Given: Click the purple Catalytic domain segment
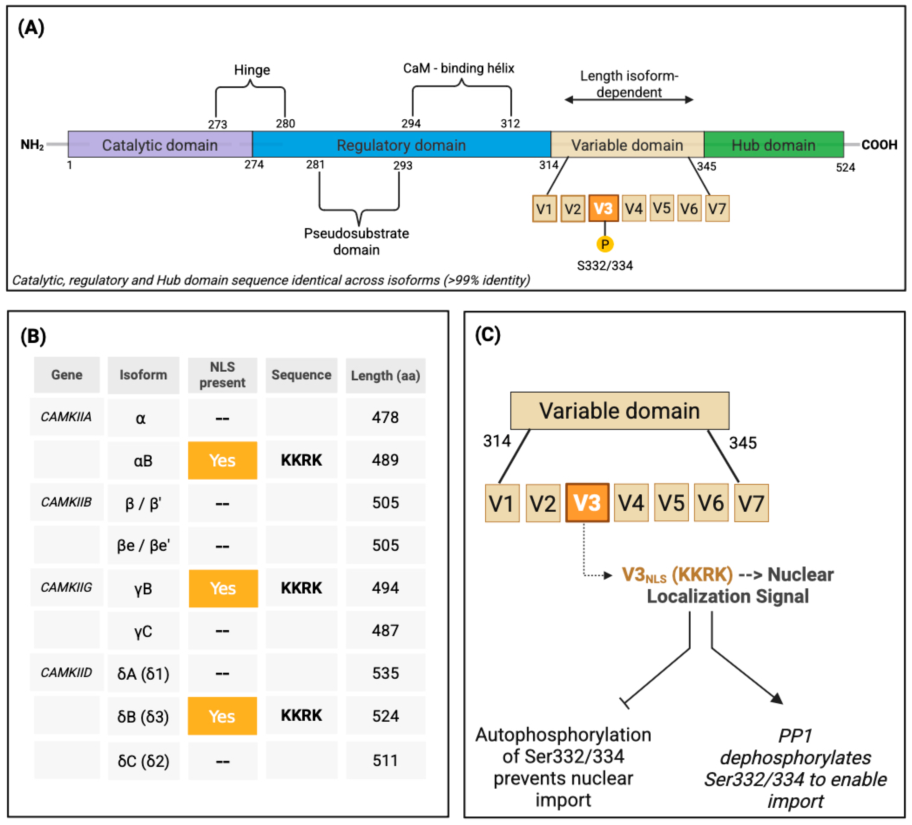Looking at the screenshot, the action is tap(160, 145).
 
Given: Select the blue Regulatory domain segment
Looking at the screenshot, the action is tap(401, 145).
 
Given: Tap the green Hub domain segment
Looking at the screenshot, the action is tap(773, 145).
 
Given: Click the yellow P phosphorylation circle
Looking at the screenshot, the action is tap(605, 244).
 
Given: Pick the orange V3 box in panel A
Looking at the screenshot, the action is tap(604, 209).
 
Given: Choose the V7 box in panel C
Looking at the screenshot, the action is tap(751, 503).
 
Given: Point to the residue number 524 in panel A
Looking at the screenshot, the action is tap(845, 168).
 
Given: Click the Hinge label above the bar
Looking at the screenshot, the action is tap(252, 70).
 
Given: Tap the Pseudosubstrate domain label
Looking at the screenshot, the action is tap(356, 241).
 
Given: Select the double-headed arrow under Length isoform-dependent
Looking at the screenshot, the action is tap(629, 99).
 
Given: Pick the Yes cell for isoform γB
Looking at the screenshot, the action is tap(223, 588).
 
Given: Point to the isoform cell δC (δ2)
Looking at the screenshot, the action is tap(143, 761).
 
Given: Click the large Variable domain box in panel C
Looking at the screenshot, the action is tap(620, 410).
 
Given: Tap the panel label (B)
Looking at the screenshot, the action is tap(33, 336).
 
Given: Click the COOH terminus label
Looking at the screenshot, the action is tap(879, 145).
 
